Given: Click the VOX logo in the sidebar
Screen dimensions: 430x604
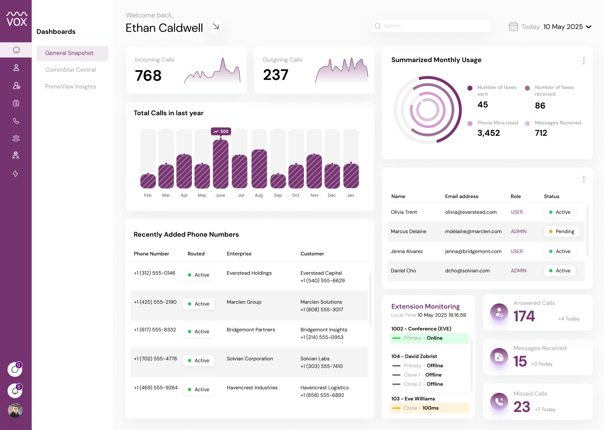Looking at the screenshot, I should [17, 19].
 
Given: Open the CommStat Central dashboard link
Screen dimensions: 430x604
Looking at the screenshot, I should [70, 70].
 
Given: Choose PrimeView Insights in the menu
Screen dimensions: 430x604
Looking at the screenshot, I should [70, 87].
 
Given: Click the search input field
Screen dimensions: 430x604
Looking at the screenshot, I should [431, 26].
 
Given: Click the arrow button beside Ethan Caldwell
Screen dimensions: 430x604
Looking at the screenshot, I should [216, 26].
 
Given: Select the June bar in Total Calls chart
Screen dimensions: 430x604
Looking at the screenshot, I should [221, 164].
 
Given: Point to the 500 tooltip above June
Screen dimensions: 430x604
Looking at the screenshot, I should [221, 131].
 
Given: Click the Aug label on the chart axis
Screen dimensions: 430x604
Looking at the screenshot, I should [259, 195].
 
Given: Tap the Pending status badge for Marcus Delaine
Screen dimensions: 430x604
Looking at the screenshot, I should [561, 232].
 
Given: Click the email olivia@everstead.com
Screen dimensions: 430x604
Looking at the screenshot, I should [471, 212].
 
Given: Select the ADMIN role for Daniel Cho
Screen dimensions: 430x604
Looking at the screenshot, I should [518, 271].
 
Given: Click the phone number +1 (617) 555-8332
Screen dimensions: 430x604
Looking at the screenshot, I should [155, 330].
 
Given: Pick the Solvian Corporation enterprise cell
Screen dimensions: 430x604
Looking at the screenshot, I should [250, 359].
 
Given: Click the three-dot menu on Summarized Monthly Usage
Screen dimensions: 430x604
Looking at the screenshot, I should [583, 61].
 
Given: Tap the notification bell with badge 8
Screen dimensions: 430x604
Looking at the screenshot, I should [15, 391].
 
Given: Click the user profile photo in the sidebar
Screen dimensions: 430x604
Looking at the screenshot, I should [15, 410].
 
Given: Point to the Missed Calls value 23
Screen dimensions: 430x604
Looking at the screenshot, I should [521, 407].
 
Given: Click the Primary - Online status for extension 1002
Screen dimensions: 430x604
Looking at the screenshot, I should [430, 338].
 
